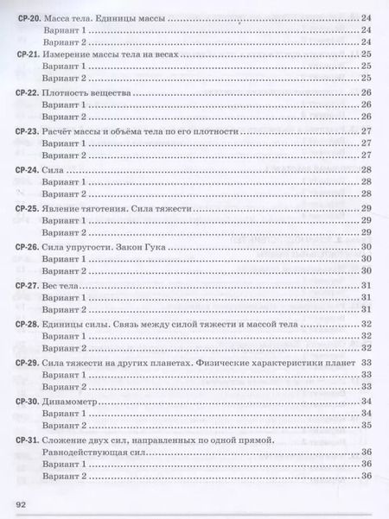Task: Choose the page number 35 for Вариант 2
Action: tap(367, 425)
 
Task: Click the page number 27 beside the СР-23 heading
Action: tap(367, 130)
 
